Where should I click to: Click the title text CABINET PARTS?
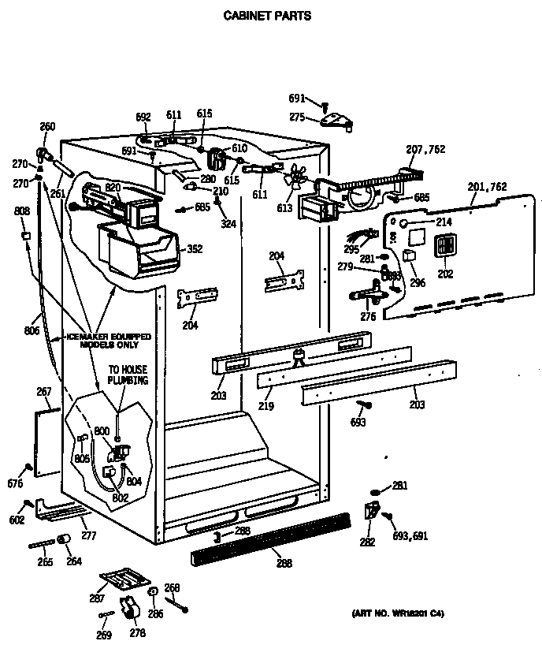(x=268, y=15)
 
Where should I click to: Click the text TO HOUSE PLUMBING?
(x=128, y=375)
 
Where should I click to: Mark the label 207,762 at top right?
(x=426, y=149)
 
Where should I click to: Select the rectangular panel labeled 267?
(x=48, y=442)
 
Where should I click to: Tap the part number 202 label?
(x=445, y=275)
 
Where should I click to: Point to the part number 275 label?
(x=297, y=117)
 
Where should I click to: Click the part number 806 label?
(x=32, y=331)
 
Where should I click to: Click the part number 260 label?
(x=47, y=126)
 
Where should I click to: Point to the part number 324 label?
(x=228, y=225)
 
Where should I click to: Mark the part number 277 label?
(x=88, y=536)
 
